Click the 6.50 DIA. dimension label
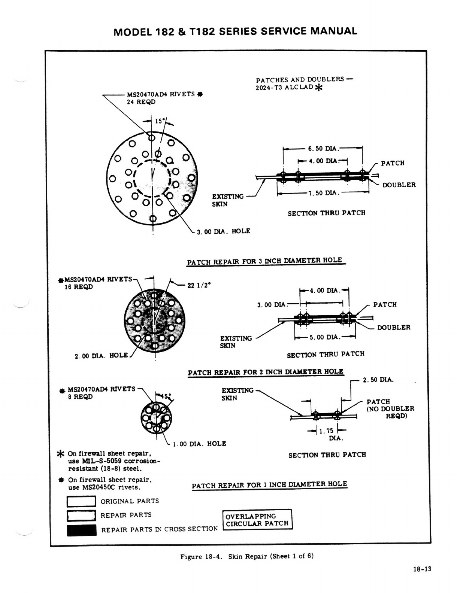coord(323,149)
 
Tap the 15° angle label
coord(160,121)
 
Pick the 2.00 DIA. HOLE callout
coord(101,356)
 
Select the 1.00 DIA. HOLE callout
coord(199,444)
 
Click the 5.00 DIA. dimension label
coord(325,337)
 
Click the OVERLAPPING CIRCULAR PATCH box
coord(257,520)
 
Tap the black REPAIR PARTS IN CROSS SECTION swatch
coord(81,530)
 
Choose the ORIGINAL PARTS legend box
coord(81,501)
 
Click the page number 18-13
coord(422,569)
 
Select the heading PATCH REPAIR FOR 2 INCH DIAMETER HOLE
coord(265,372)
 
